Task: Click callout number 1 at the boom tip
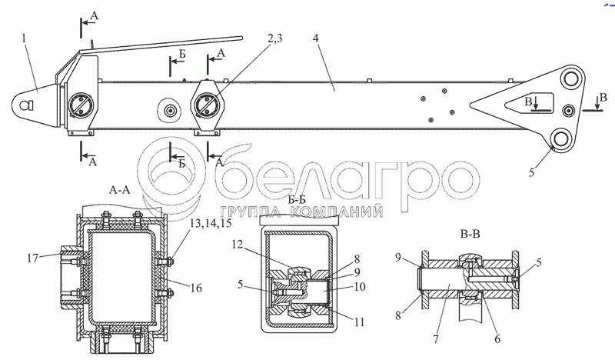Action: point(25,39)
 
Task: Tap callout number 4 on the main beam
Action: point(316,38)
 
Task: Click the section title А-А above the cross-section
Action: point(119,190)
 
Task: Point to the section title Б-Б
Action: point(297,200)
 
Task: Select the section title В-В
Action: point(470,235)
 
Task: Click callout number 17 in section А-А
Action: point(34,258)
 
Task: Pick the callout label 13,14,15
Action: point(210,223)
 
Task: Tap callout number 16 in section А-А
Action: point(196,288)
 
